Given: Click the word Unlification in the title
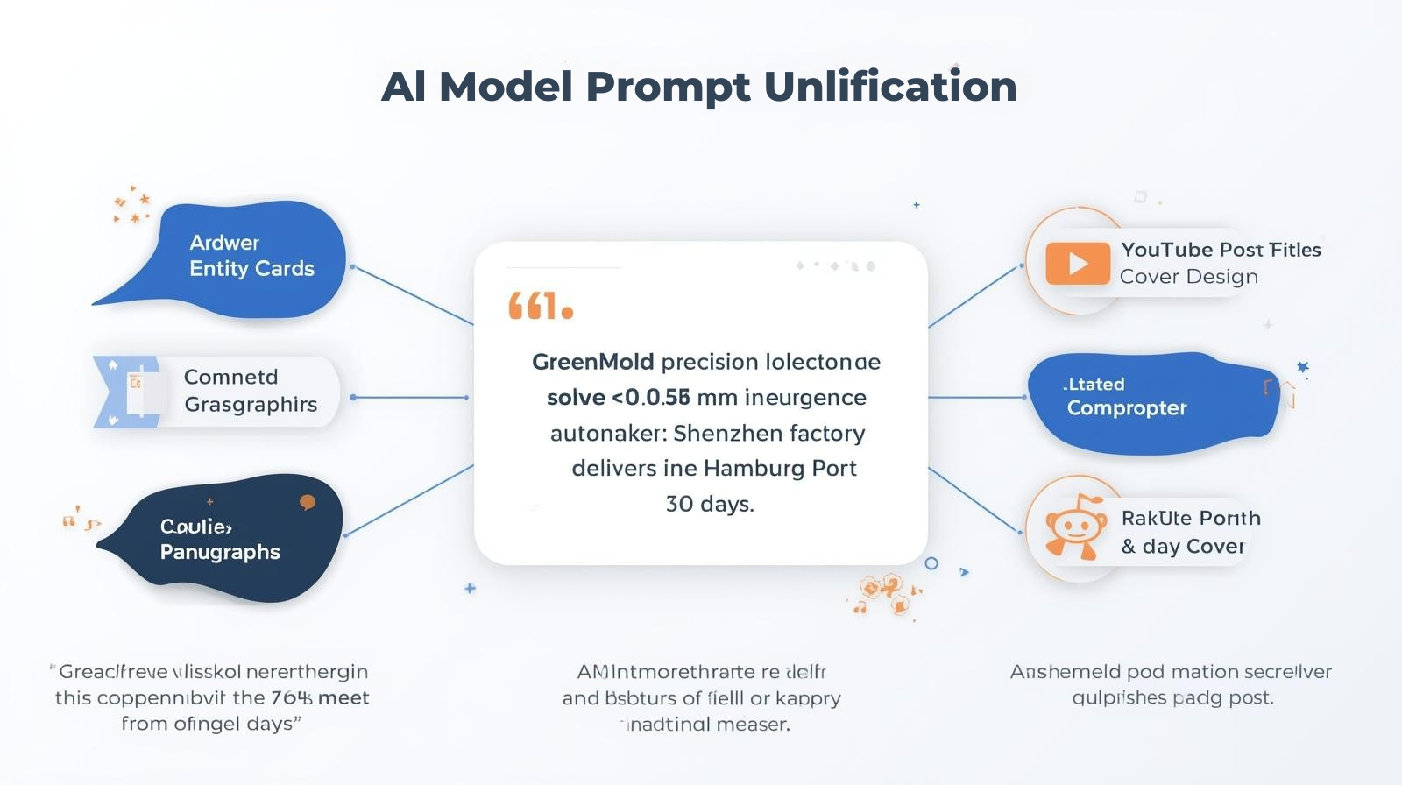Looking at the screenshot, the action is (x=889, y=87).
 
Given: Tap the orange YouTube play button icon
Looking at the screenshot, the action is (x=1077, y=263).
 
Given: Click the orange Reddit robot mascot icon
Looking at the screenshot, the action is (x=1074, y=527).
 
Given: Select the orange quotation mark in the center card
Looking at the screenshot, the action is (x=540, y=307).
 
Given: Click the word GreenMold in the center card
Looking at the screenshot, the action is (x=592, y=362).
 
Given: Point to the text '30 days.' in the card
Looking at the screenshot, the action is (x=710, y=504).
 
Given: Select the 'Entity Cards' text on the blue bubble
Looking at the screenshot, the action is (x=251, y=269).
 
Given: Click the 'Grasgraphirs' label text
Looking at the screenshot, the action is (x=251, y=405).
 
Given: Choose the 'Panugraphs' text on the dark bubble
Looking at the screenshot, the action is (x=220, y=552).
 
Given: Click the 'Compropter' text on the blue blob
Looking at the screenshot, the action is (x=1127, y=408).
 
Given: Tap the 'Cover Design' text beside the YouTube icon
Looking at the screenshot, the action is (x=1188, y=277).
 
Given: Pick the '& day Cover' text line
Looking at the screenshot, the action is (x=1182, y=547).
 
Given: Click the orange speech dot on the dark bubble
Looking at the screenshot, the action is (x=307, y=502).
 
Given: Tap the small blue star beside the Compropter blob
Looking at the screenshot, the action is (x=1302, y=367).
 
